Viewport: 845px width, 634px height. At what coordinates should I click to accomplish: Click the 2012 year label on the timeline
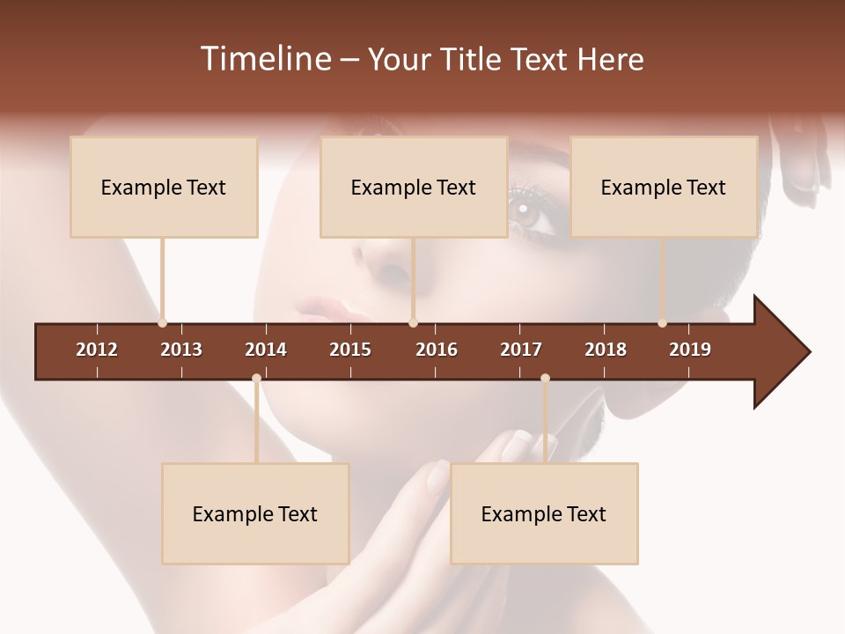(97, 350)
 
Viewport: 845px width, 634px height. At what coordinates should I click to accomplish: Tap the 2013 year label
(181, 350)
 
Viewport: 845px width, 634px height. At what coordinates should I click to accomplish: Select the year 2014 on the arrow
(266, 350)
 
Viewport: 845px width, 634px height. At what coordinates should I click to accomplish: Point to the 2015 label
(350, 350)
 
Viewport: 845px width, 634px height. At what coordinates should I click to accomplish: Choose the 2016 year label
(437, 350)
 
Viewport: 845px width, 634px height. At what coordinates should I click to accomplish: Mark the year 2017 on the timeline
(521, 350)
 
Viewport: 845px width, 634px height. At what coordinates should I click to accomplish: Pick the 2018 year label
(606, 350)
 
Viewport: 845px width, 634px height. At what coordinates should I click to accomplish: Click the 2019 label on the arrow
(690, 350)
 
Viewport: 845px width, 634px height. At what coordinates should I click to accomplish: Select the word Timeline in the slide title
(264, 59)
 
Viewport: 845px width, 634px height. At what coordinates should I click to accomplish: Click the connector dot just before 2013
(162, 323)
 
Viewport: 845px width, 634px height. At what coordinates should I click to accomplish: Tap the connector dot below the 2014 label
(256, 379)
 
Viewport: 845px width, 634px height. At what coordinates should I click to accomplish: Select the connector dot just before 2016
(413, 323)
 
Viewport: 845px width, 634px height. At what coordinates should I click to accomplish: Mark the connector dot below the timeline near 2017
(545, 379)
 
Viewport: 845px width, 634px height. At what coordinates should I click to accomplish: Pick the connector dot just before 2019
(662, 323)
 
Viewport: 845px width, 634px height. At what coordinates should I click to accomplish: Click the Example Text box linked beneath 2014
(255, 513)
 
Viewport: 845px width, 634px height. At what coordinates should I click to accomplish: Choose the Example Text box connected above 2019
(664, 187)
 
